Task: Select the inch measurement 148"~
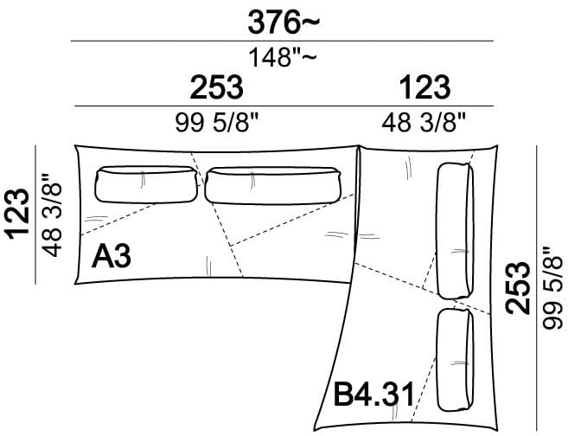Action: (283, 58)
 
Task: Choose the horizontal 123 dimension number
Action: (424, 87)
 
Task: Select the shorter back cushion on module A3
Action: (147, 184)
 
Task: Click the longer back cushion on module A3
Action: (273, 185)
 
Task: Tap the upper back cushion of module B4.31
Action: (456, 230)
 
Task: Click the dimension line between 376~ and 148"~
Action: (283, 41)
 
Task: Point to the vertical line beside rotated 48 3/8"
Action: (35, 214)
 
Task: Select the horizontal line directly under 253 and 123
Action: (283, 106)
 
